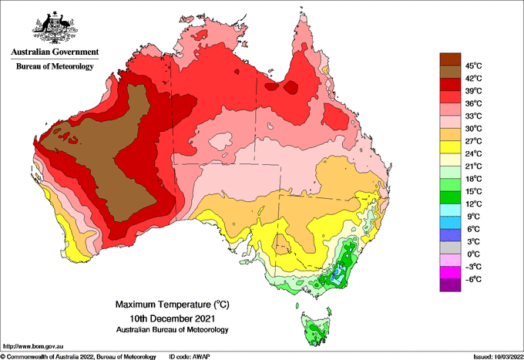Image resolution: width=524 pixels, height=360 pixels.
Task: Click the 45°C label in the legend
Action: click(472, 66)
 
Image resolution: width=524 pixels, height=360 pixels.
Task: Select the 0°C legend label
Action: click(472, 254)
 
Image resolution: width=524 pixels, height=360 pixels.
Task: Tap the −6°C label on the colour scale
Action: click(472, 279)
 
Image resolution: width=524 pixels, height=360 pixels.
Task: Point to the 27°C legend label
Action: click(472, 141)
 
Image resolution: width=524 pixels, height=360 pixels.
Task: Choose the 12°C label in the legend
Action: click(472, 204)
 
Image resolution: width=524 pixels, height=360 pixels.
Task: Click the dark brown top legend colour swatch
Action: click(449, 59)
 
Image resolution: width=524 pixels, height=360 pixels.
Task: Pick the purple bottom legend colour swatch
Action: click(449, 285)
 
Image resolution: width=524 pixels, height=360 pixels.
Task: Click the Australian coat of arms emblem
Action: click(54, 27)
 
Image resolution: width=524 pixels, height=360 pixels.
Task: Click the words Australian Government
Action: click(54, 52)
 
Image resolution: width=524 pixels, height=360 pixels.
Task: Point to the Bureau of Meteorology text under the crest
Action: click(54, 67)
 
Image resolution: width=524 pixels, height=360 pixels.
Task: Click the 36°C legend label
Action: click(472, 103)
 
